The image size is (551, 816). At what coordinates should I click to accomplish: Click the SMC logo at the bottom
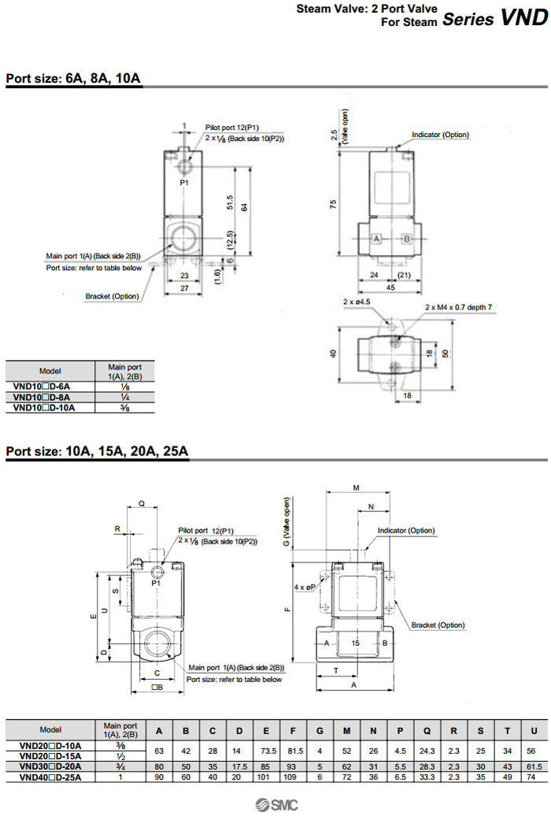[274, 804]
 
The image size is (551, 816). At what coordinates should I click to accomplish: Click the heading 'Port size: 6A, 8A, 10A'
[73, 79]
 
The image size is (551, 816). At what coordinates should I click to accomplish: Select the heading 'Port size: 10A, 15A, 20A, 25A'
[97, 451]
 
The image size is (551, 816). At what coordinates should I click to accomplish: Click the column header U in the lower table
[533, 730]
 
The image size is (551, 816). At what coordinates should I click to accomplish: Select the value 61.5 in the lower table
[533, 766]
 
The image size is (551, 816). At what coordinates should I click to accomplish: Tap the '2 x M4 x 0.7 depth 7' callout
[458, 306]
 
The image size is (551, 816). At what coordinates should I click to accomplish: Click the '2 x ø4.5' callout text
[357, 302]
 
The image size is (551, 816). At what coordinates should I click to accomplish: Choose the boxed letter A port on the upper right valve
[377, 238]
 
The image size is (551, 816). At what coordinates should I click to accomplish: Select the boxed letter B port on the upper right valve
[408, 238]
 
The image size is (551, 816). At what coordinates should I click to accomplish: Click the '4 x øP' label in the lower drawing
[305, 588]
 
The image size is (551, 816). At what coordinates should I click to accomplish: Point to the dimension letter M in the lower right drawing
[356, 488]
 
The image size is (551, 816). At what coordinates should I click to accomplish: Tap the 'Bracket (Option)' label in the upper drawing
[113, 296]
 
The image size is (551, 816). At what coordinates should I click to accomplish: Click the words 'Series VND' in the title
[494, 19]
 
